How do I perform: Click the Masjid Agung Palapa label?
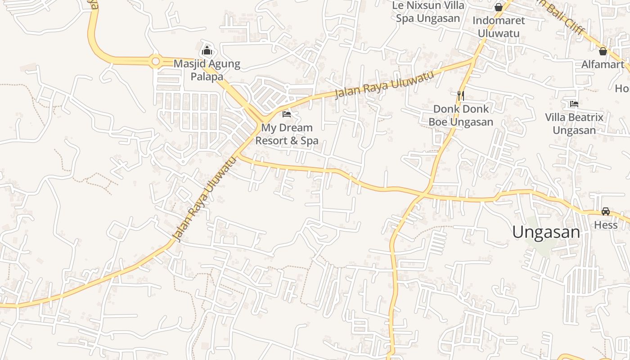pyautogui.click(x=207, y=70)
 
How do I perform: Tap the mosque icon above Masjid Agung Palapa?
pyautogui.click(x=207, y=50)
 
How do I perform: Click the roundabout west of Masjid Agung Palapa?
pyautogui.click(x=156, y=61)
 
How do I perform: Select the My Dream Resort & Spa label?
pyautogui.click(x=287, y=134)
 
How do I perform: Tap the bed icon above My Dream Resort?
pyautogui.click(x=286, y=114)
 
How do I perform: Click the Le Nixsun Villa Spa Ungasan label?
pyautogui.click(x=428, y=12)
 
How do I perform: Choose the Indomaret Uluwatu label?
pyautogui.click(x=499, y=27)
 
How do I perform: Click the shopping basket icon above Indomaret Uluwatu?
pyautogui.click(x=499, y=7)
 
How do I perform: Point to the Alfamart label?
pyautogui.click(x=603, y=64)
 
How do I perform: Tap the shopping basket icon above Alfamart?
pyautogui.click(x=603, y=51)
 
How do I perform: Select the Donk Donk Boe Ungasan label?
pyautogui.click(x=461, y=116)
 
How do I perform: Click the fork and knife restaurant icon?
pyautogui.click(x=460, y=95)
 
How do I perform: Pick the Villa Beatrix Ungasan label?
pyautogui.click(x=574, y=124)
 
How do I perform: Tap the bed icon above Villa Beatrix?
pyautogui.click(x=574, y=104)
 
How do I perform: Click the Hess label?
pyautogui.click(x=606, y=225)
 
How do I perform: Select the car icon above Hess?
pyautogui.click(x=606, y=211)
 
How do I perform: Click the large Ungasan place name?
pyautogui.click(x=546, y=232)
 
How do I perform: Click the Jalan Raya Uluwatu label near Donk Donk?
pyautogui.click(x=385, y=84)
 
